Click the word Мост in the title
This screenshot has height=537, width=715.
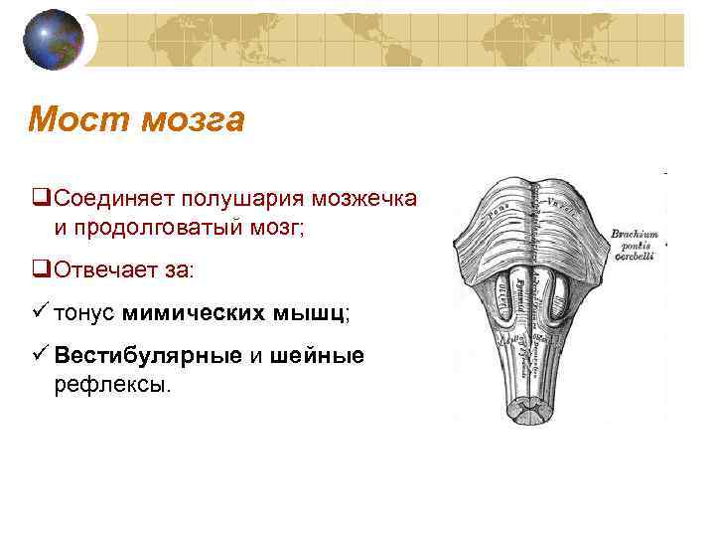coord(79,120)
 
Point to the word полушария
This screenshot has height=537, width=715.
coord(248,198)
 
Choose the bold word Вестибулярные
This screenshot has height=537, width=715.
coord(148,356)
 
